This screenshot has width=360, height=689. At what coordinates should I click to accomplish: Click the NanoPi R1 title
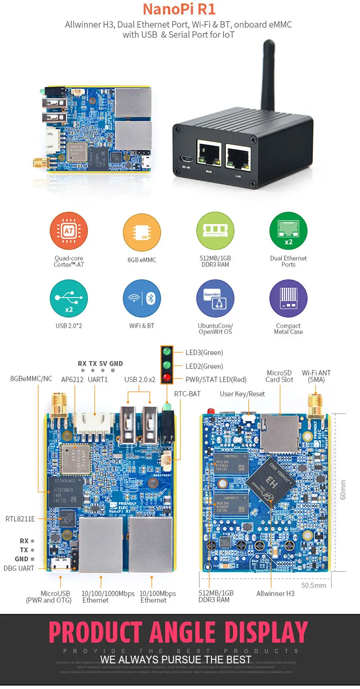pyautogui.click(x=179, y=9)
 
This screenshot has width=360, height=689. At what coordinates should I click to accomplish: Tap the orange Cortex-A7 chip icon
pyautogui.click(x=68, y=231)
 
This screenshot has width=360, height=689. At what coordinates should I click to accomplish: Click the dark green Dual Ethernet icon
pyautogui.click(x=288, y=231)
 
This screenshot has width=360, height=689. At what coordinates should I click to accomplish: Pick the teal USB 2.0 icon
pyautogui.click(x=68, y=298)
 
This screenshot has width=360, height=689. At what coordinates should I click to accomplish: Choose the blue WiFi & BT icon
pyautogui.click(x=142, y=298)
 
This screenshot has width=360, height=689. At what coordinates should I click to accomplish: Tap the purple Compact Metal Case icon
pyautogui.click(x=288, y=298)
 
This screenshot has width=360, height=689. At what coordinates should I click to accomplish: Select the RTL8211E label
pyautogui.click(x=20, y=519)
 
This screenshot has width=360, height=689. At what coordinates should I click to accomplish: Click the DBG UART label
pyautogui.click(x=19, y=568)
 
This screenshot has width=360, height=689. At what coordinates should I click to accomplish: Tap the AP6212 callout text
pyautogui.click(x=72, y=379)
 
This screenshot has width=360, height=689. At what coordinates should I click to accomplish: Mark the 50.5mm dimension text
pyautogui.click(x=314, y=585)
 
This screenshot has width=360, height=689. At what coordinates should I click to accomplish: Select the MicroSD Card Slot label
pyautogui.click(x=279, y=376)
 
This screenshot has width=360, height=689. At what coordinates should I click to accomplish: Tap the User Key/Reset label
pyautogui.click(x=242, y=394)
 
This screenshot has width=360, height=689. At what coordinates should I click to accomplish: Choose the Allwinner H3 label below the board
pyautogui.click(x=275, y=594)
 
